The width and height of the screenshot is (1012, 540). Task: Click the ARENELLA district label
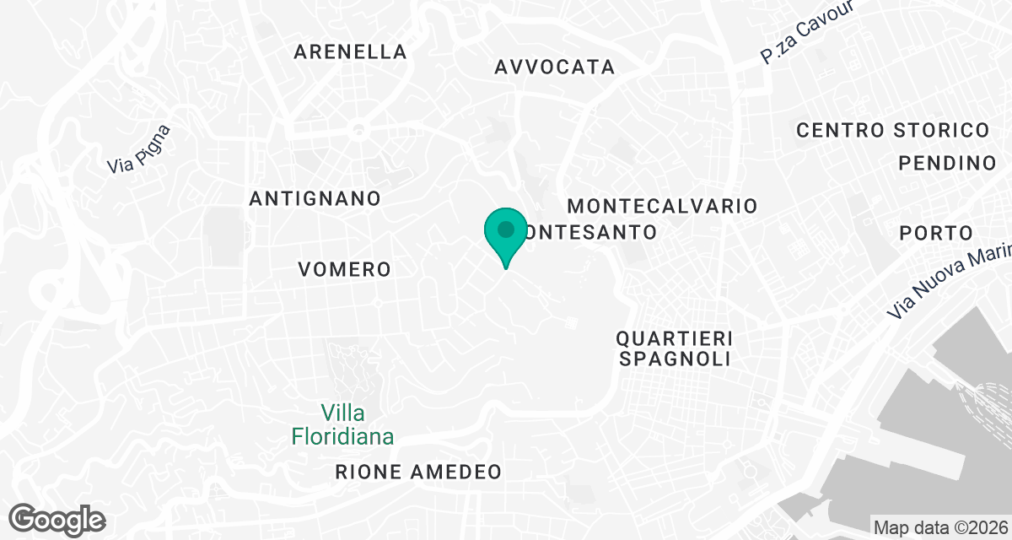pos(350,51)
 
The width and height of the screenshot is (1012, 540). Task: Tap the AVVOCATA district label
pos(555,67)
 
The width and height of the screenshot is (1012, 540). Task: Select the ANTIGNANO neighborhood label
pos(315,198)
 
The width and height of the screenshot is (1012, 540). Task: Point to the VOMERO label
pos(344,269)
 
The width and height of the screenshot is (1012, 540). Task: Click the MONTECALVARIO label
pos(662,206)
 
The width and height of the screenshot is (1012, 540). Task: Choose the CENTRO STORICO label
pos(892,130)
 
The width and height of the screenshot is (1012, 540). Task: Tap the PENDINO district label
pos(947,163)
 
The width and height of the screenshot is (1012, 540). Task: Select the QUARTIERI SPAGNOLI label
pos(673,348)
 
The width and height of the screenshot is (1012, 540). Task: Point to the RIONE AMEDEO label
pos(418,472)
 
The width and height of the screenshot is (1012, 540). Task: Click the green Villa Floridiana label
pos(342,424)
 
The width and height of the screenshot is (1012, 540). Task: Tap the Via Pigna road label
pos(139,149)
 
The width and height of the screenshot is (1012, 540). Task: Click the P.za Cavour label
pos(807,32)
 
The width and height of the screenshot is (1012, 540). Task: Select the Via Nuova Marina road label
pos(949,280)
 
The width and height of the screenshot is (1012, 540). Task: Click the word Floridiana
pos(342,436)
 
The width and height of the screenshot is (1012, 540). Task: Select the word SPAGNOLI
pos(673,359)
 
